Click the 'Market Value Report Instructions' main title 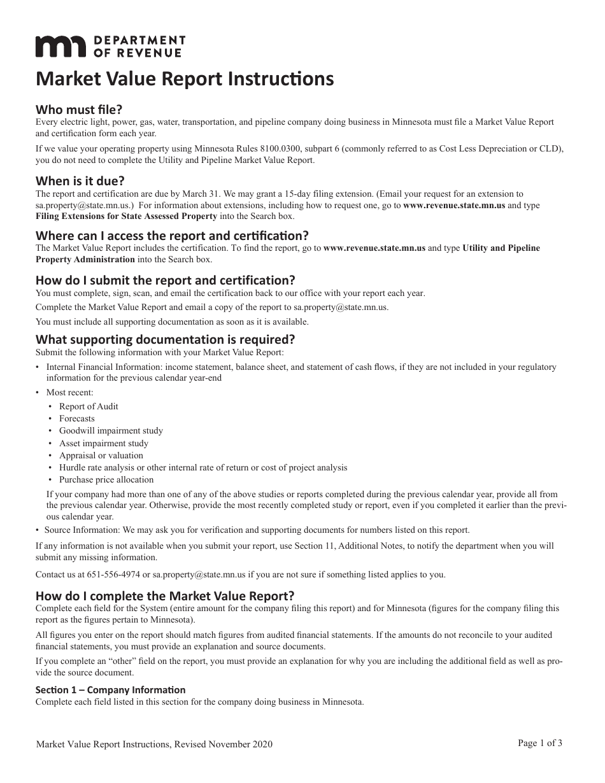[185, 79]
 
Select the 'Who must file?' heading [78, 109]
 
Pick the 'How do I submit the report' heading [166, 280]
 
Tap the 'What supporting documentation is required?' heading [166, 339]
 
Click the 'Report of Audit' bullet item [89, 406]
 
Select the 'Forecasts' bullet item [77, 418]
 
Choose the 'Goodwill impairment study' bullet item [111, 431]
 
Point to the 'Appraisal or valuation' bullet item [101, 455]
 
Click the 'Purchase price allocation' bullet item [106, 479]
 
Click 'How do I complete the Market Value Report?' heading [165, 596]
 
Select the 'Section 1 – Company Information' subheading [111, 690]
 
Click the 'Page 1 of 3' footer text [540, 742]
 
